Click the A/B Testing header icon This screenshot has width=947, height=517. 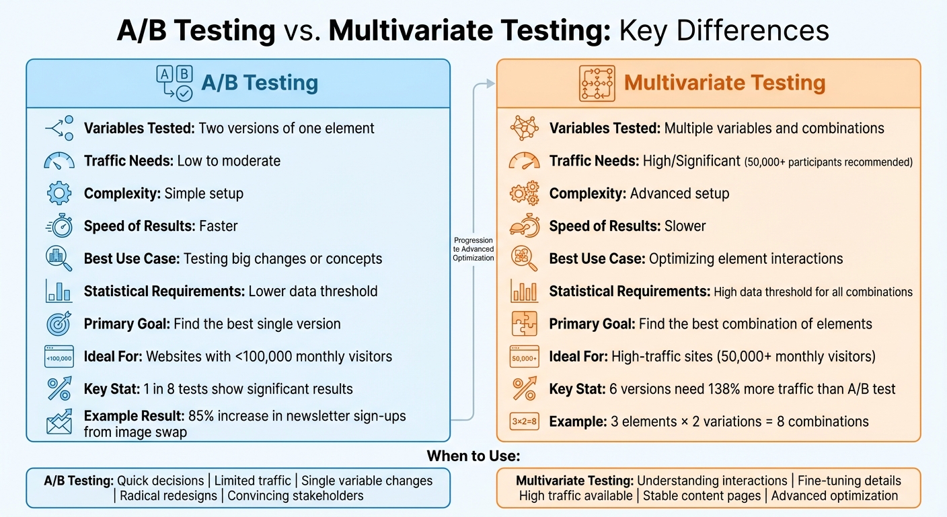click(174, 83)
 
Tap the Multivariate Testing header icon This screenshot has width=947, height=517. click(597, 83)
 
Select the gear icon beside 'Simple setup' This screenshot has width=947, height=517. click(59, 194)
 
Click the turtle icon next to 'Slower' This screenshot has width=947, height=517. click(524, 226)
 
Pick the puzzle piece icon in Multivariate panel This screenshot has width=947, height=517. click(524, 324)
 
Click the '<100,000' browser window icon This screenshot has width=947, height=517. click(59, 357)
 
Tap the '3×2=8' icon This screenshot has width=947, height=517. click(524, 422)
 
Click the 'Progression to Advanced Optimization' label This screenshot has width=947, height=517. click(473, 249)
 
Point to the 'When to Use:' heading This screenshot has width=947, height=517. click(473, 456)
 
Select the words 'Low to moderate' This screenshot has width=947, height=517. click(229, 161)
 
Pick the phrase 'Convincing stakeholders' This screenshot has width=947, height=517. click(295, 496)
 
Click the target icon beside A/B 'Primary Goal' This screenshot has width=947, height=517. click(59, 324)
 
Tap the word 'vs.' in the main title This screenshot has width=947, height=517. click(302, 31)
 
